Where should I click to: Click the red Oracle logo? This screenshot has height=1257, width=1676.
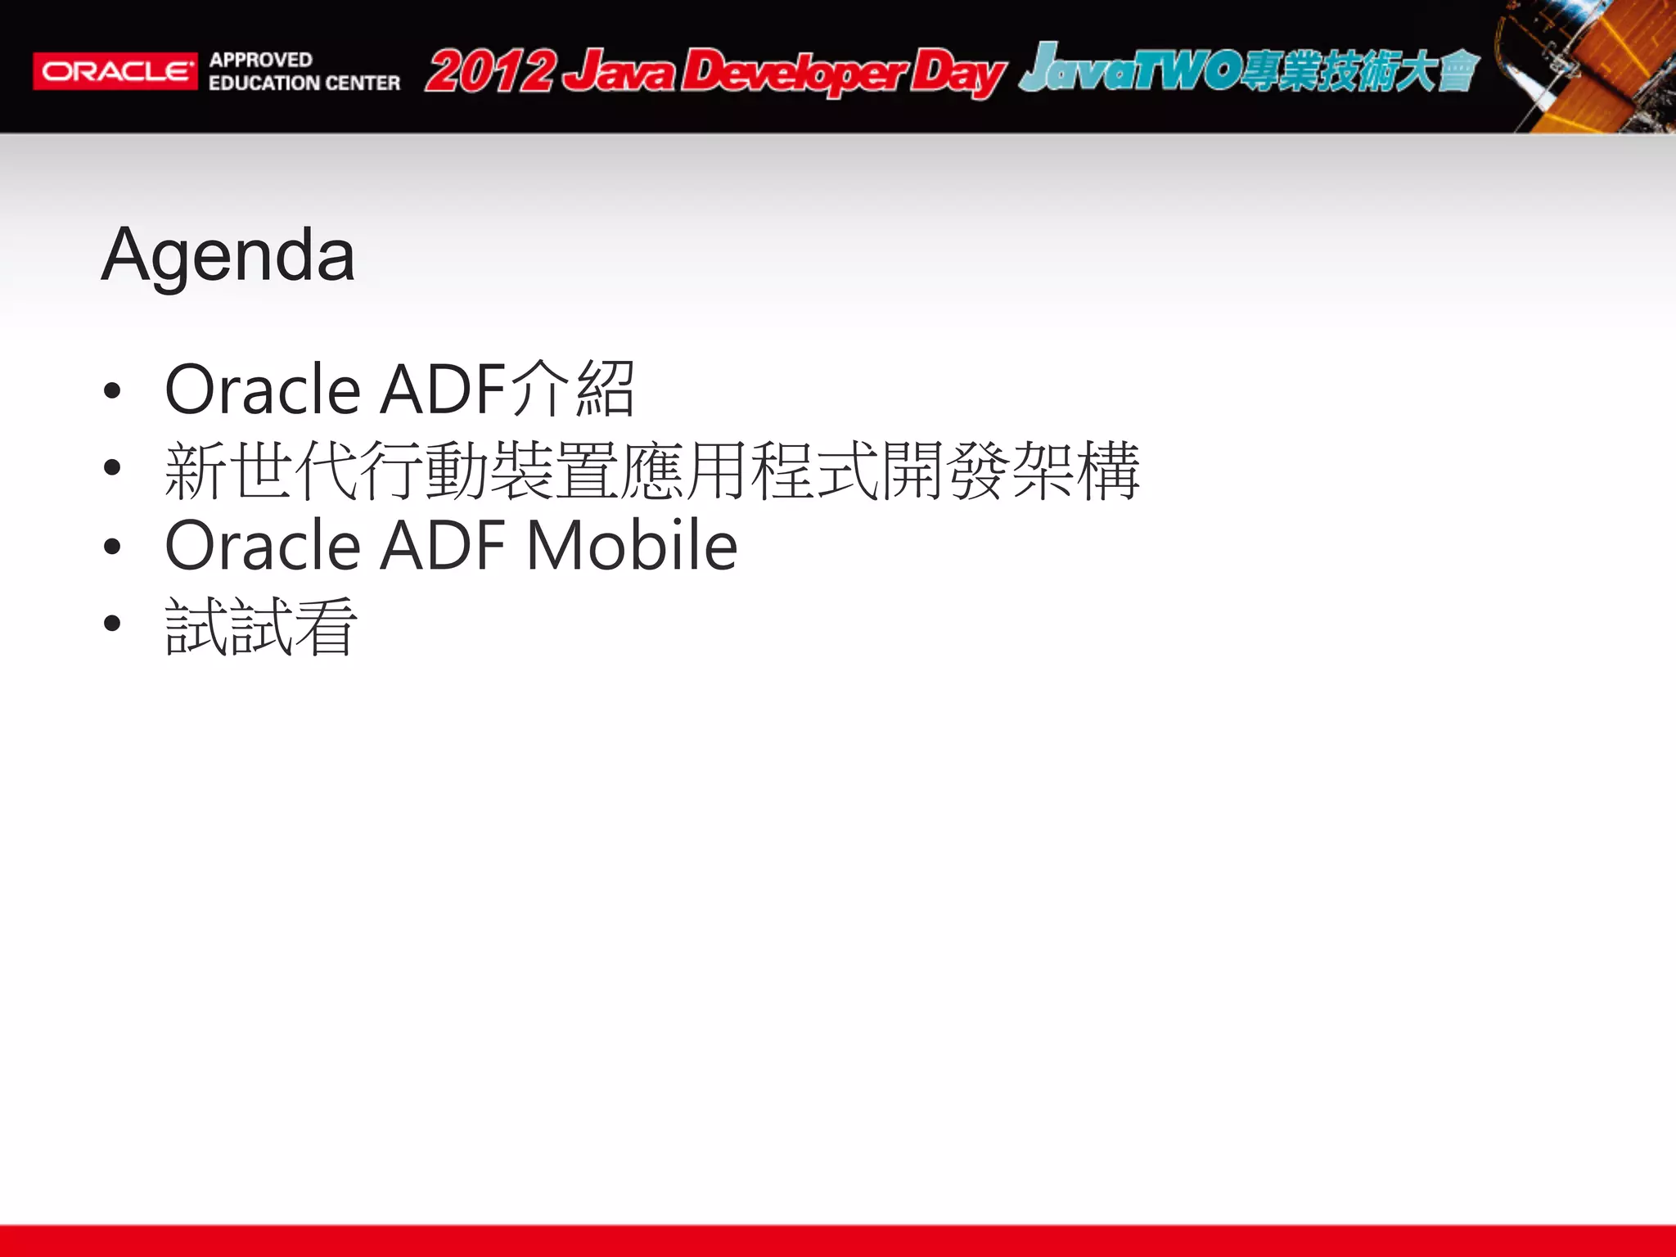pyautogui.click(x=115, y=71)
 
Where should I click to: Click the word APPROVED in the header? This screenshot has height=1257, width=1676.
pyautogui.click(x=260, y=60)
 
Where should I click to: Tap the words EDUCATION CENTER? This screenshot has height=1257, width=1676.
pyautogui.click(x=304, y=83)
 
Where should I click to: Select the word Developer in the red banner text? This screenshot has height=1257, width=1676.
pyautogui.click(x=794, y=73)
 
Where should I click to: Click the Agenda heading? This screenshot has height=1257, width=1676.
pyautogui.click(x=228, y=255)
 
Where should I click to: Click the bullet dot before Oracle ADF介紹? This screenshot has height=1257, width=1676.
pyautogui.click(x=112, y=391)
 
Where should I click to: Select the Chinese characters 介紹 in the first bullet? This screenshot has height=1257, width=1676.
pyautogui.click(x=573, y=389)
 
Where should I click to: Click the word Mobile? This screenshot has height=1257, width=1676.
pyautogui.click(x=632, y=546)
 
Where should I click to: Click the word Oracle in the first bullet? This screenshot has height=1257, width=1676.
pyautogui.click(x=262, y=390)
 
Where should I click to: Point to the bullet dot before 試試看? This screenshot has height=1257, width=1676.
pyautogui.click(x=112, y=624)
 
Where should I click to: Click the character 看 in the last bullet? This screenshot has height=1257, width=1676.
pyautogui.click(x=326, y=627)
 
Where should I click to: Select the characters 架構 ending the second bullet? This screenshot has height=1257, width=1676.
pyautogui.click(x=1075, y=471)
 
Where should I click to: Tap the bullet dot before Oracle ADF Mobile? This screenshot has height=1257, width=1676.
pyautogui.click(x=112, y=547)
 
